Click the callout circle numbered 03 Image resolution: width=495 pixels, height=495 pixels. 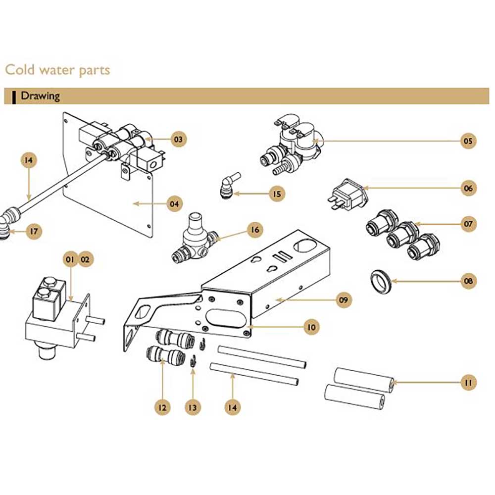pos(178,139)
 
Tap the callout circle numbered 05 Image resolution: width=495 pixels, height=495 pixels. pos(468,141)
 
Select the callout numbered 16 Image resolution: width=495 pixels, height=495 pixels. pos(255,230)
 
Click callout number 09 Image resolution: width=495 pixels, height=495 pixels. pos(344,299)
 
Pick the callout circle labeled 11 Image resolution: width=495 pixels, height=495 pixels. pos(468,383)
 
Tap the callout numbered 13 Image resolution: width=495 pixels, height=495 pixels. pos(193,407)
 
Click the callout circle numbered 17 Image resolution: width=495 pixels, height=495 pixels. pos(34,231)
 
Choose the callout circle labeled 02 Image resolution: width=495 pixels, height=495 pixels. pos(85,259)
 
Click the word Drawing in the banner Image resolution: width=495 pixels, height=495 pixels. pos(40,96)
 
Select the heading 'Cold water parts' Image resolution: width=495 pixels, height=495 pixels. pos(57,70)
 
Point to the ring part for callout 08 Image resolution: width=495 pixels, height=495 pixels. pos(381,282)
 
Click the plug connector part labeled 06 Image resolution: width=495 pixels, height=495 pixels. pos(346,195)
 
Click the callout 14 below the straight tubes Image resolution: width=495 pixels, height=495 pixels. pos(232,407)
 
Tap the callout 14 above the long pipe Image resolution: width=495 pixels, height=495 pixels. pos(29,160)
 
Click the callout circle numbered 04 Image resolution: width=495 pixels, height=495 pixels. pos(174,204)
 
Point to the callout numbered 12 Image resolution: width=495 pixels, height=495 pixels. pos(162,407)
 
